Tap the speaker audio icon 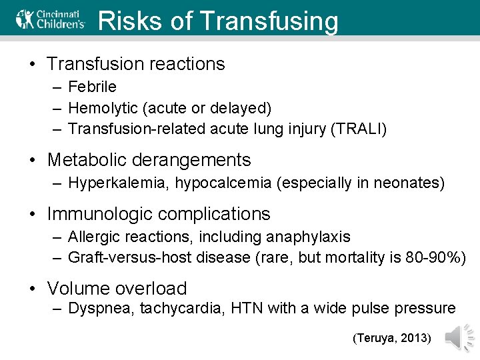click(459, 338)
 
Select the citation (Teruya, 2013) click(392, 339)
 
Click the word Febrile click(92, 87)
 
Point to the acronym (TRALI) click(359, 128)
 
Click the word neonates click(411, 183)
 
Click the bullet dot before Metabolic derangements click(33, 161)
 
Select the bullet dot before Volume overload click(33, 289)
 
